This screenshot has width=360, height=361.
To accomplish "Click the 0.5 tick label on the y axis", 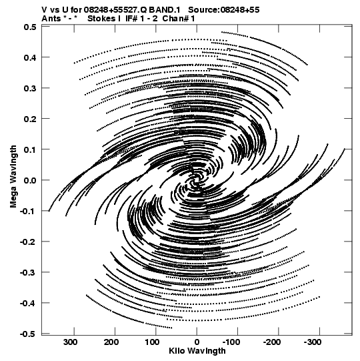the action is [x=30, y=27].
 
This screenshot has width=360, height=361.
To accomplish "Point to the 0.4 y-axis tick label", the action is [x=30, y=57].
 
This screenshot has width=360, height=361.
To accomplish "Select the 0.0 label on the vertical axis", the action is [x=30, y=180].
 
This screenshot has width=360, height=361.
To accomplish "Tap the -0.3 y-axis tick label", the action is [x=28, y=273].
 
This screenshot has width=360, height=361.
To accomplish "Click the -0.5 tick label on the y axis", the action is [x=28, y=334].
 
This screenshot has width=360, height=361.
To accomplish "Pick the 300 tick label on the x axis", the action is [x=71, y=342].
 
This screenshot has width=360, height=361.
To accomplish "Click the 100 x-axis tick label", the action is [x=152, y=342].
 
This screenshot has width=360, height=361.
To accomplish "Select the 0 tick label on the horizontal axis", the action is [x=197, y=342].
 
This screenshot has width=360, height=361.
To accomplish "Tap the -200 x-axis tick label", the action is [x=272, y=342].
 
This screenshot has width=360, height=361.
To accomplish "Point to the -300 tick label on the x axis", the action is [x=313, y=342].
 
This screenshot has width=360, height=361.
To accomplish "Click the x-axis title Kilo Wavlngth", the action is [x=197, y=351].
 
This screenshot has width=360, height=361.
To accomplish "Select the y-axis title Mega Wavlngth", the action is [x=13, y=177].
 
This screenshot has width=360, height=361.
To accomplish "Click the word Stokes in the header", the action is [x=101, y=19].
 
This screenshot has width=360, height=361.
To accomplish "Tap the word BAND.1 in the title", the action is [x=165, y=10].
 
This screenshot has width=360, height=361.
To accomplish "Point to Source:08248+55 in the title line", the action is [x=224, y=10].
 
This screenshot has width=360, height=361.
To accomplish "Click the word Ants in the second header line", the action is [x=51, y=19].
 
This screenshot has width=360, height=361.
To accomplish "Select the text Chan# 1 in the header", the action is [x=179, y=19].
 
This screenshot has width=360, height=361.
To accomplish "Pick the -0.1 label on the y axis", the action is [x=28, y=211].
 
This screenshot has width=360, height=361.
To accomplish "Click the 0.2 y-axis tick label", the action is [x=30, y=119].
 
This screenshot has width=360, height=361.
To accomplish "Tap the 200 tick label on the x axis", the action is [x=111, y=342].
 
